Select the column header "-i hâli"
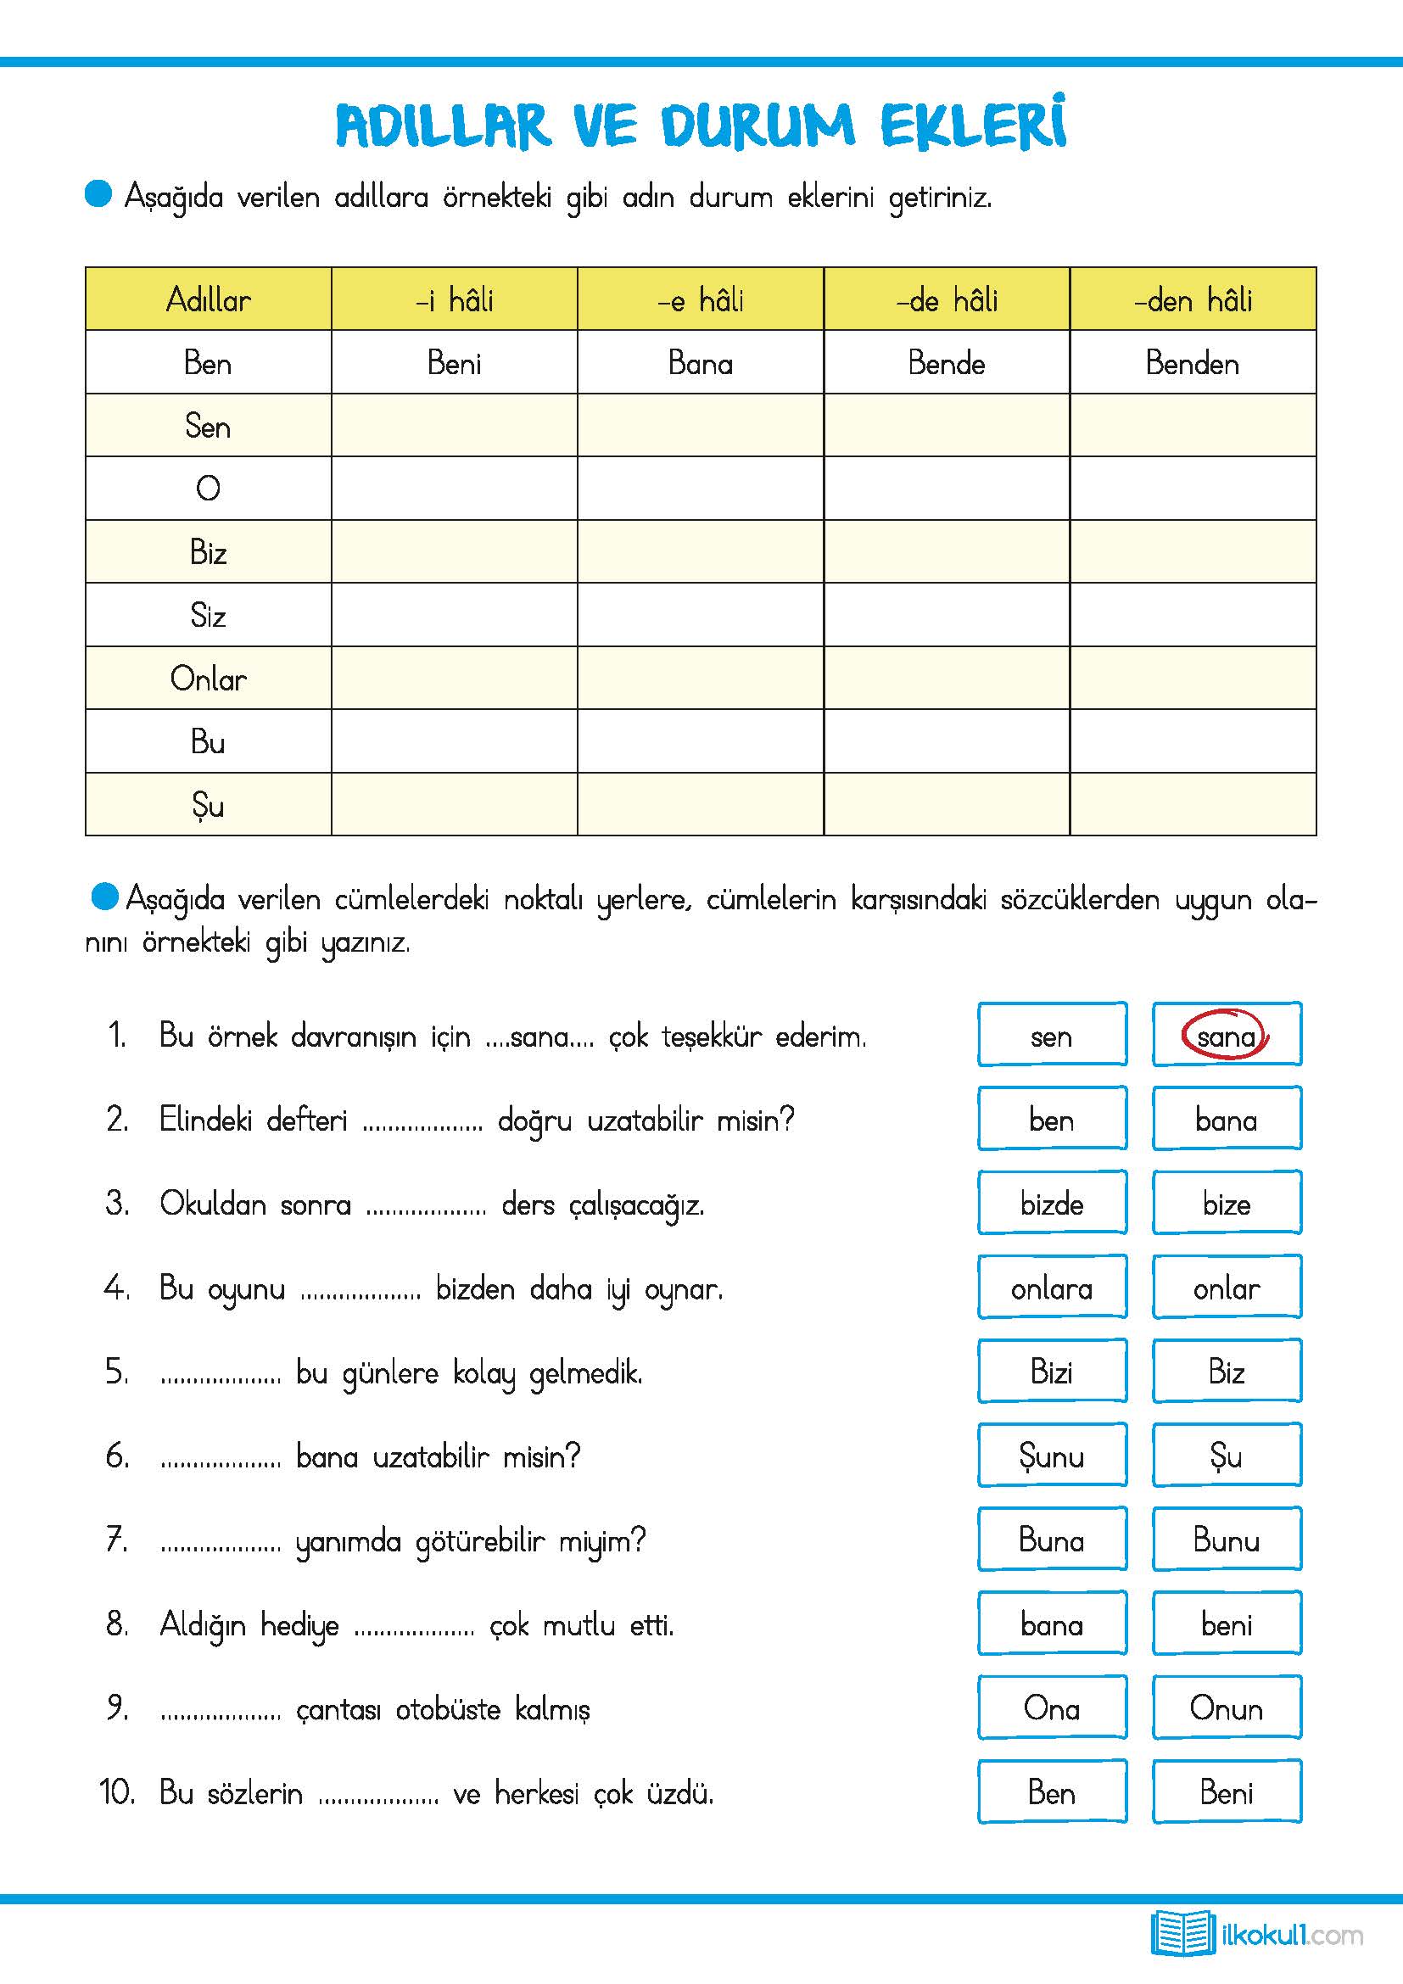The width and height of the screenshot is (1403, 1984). (455, 299)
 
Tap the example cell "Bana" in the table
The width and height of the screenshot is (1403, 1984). (700, 363)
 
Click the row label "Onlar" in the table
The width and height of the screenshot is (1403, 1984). (208, 679)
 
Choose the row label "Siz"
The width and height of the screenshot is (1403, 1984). (208, 615)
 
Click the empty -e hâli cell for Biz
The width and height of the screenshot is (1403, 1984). (700, 551)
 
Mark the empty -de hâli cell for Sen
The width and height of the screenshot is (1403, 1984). (946, 425)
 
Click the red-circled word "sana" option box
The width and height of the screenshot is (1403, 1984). (1226, 1034)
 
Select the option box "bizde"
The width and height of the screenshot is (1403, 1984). (1051, 1203)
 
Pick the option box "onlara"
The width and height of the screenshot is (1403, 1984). (1051, 1288)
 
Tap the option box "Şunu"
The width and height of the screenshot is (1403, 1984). (1051, 1456)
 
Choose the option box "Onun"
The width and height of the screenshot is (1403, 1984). (1226, 1708)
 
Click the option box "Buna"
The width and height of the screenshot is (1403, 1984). (1051, 1540)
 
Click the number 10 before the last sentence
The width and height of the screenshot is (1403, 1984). (116, 1792)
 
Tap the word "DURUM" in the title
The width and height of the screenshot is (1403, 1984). (758, 126)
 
